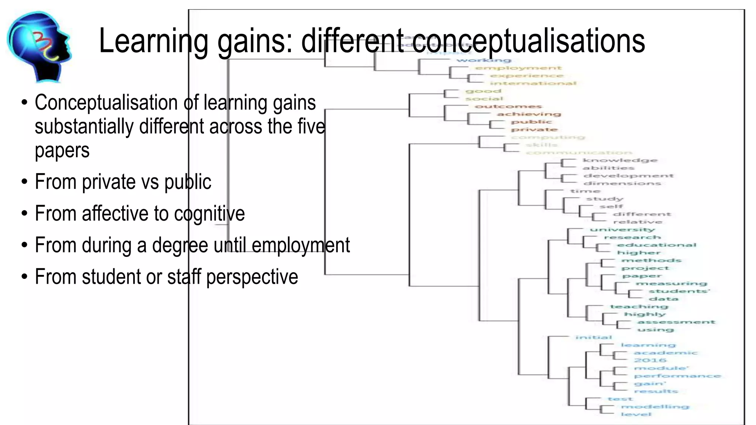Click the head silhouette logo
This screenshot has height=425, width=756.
39,46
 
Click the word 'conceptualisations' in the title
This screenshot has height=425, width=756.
528,41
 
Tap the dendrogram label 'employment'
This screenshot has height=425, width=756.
518,68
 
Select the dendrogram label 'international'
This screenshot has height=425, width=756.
533,83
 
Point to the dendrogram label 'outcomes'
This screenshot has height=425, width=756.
508,107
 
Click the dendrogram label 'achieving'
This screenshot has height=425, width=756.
529,114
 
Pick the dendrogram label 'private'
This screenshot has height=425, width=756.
534,129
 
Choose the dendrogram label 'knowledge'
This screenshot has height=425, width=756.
620,160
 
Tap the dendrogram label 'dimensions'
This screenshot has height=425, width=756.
622,183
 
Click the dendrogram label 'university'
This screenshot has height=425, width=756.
622,230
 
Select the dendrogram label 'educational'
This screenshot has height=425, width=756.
656,245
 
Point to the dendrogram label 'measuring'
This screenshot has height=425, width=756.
671,283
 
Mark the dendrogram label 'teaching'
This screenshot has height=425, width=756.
639,307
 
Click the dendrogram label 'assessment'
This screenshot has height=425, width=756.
676,322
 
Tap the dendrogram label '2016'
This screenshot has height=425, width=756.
650,360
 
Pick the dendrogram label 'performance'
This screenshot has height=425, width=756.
677,376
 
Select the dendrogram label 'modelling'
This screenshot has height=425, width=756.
655,407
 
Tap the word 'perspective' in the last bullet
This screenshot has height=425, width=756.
252,277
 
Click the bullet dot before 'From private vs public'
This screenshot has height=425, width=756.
24,182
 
